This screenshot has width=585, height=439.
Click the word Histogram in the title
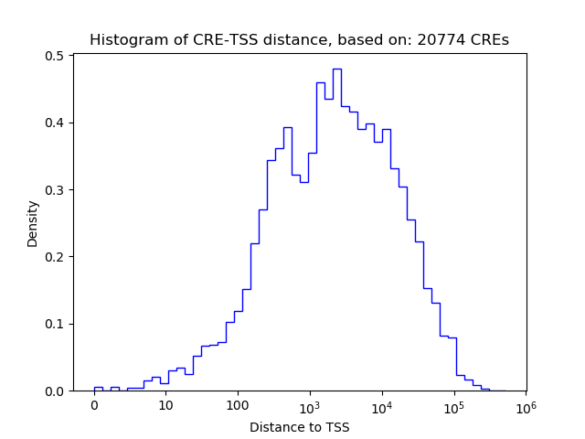(120, 40)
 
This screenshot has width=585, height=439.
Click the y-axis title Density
(33, 223)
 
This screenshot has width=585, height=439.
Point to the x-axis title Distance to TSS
(299, 427)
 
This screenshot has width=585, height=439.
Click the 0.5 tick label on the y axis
(56, 56)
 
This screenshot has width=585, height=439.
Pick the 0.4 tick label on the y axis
(56, 123)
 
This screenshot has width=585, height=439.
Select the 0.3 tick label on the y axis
(56, 190)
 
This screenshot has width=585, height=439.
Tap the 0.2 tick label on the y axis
(56, 257)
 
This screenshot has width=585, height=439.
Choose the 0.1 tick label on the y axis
(56, 324)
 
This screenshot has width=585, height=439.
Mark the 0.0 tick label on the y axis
(56, 391)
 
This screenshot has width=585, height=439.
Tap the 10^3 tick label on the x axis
(310, 405)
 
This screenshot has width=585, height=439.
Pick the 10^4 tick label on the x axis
(382, 405)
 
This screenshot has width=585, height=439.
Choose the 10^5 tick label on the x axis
(453, 405)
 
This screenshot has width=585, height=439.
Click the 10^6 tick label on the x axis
(526, 405)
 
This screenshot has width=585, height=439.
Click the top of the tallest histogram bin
(336, 69)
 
